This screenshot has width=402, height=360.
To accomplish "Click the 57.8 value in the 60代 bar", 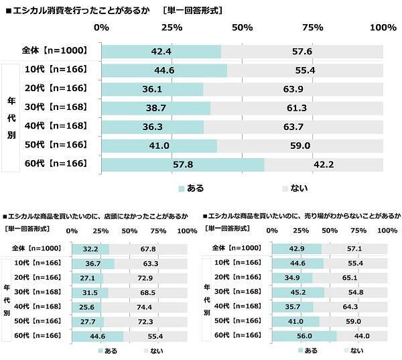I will pos(183,164).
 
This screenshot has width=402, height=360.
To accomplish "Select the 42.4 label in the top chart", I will pos(161,52).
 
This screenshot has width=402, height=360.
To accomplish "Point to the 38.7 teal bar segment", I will pos(155,108).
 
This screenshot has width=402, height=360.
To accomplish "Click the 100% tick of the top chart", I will pos(383,27).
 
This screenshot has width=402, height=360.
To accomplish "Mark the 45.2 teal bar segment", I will pos(298,291).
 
